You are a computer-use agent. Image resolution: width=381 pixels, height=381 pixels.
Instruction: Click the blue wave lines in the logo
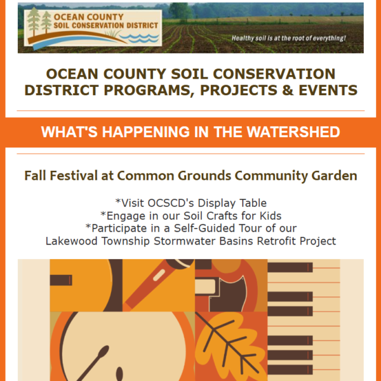tap(139, 38)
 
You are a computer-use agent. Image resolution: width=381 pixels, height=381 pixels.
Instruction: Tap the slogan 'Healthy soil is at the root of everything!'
tap(288, 38)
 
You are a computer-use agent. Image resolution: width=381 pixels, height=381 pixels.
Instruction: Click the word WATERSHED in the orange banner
tap(293, 132)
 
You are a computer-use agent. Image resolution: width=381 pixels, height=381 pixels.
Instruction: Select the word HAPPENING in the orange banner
tap(145, 132)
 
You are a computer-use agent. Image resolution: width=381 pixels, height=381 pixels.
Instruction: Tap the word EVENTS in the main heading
tap(328, 90)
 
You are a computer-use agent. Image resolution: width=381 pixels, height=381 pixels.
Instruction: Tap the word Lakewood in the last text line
tap(71, 241)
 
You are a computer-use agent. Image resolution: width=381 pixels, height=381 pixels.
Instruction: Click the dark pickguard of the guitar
tap(228, 295)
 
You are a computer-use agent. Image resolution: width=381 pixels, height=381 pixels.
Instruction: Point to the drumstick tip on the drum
tap(104, 351)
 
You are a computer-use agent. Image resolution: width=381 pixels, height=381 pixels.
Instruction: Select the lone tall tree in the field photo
tap(180, 11)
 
